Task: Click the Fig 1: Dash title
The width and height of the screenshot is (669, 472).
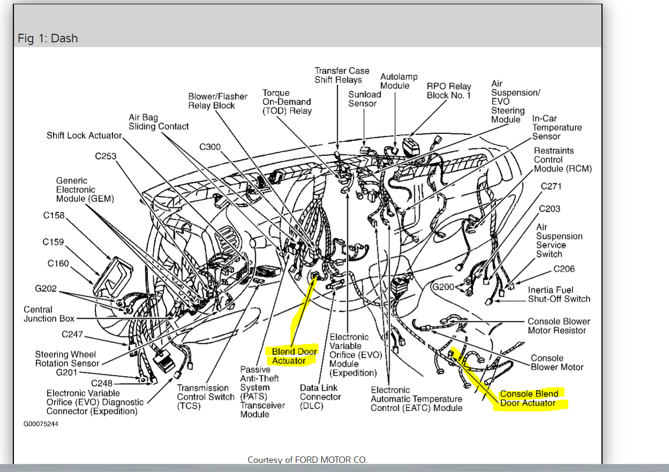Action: point(48,39)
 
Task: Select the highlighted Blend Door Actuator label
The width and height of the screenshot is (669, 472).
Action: point(294,356)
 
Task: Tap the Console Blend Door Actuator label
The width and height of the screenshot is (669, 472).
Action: point(529,399)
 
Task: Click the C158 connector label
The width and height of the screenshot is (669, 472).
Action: point(54,215)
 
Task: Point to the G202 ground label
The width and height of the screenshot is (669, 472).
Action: point(46,289)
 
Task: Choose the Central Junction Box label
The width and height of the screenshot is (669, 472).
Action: point(49,314)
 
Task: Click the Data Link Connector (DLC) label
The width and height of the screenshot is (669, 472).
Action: point(320,397)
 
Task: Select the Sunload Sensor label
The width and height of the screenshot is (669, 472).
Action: point(365,99)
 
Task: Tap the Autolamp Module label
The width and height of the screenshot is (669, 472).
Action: point(399,81)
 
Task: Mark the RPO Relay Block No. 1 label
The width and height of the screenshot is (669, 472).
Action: point(449,91)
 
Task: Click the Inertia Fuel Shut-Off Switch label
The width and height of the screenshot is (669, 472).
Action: point(559,295)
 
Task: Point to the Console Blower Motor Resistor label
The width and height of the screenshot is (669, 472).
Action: point(559,326)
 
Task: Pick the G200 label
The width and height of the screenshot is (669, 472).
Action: point(443,287)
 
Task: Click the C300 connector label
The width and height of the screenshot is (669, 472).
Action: point(210,147)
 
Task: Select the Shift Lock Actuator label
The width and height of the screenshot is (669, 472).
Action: point(84,136)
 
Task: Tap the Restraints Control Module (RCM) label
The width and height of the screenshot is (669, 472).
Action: point(562,160)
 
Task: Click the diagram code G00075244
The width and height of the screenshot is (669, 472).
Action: point(41,424)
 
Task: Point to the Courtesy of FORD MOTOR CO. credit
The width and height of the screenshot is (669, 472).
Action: point(307,460)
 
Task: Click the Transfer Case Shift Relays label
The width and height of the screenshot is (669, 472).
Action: point(341,75)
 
